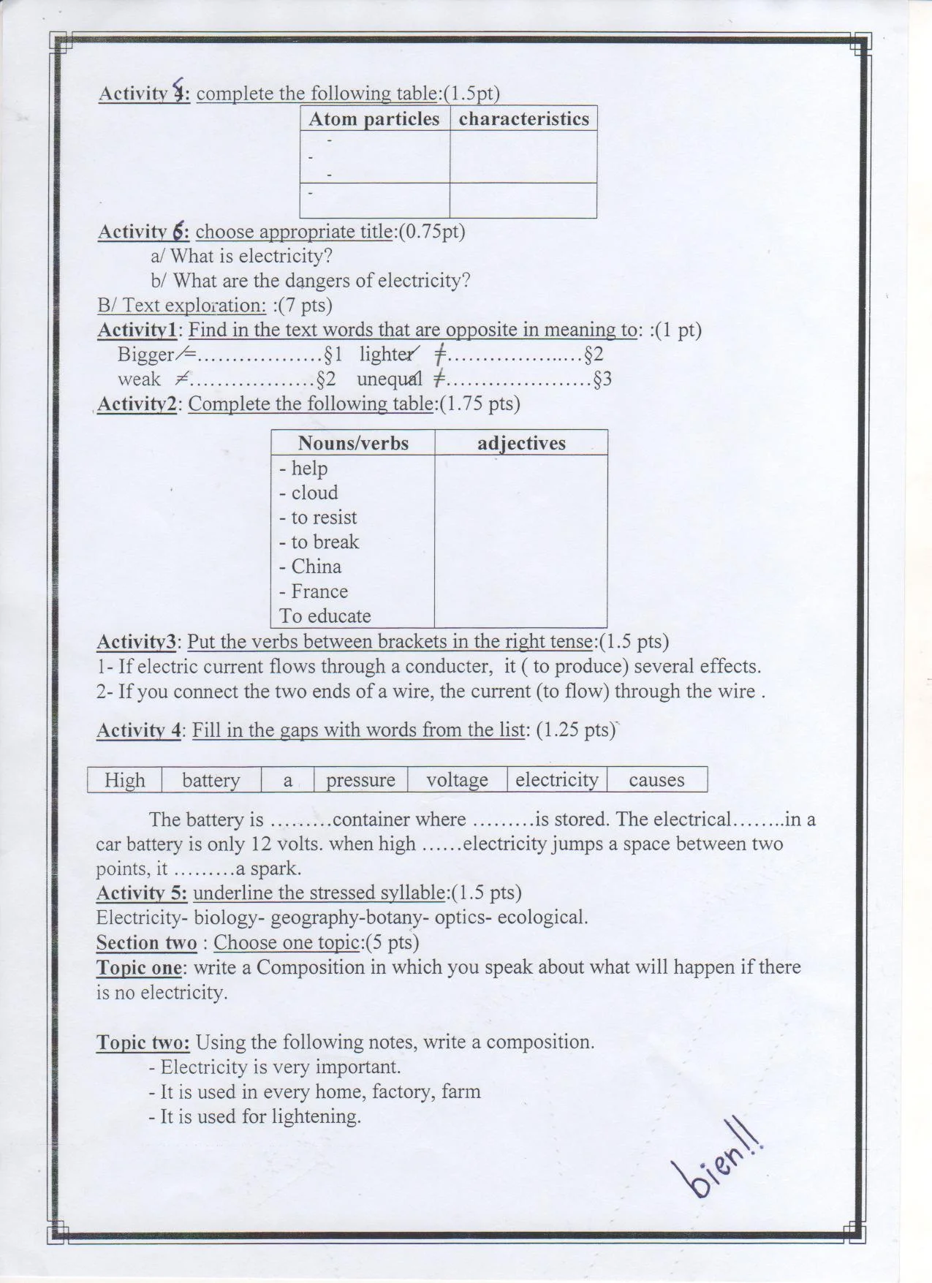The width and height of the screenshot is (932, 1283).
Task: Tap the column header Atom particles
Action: [x=374, y=119]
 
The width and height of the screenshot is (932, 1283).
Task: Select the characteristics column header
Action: [x=523, y=119]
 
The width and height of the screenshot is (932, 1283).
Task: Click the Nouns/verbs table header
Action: [x=353, y=443]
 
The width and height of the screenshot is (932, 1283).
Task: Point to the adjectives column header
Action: [x=521, y=443]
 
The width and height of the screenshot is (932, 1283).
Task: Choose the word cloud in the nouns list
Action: [x=314, y=493]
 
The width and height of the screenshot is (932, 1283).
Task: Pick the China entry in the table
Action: [x=316, y=567]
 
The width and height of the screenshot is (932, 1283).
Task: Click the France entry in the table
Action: [x=319, y=591]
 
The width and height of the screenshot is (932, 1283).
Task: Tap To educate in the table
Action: [x=325, y=616]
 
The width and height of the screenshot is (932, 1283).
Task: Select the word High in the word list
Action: [x=125, y=780]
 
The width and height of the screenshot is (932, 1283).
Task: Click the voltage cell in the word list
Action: [x=457, y=780]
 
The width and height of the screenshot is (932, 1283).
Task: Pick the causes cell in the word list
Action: [x=656, y=780]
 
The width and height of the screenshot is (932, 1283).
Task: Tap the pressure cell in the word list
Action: [x=360, y=780]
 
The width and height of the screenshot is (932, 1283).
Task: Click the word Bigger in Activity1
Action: [x=145, y=355]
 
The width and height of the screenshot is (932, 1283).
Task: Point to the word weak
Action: [x=139, y=379]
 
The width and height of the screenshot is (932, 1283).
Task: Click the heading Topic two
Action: [x=143, y=1042]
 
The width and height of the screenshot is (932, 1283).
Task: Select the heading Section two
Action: [x=147, y=943]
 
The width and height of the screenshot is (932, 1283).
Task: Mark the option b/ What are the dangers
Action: [x=311, y=281]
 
